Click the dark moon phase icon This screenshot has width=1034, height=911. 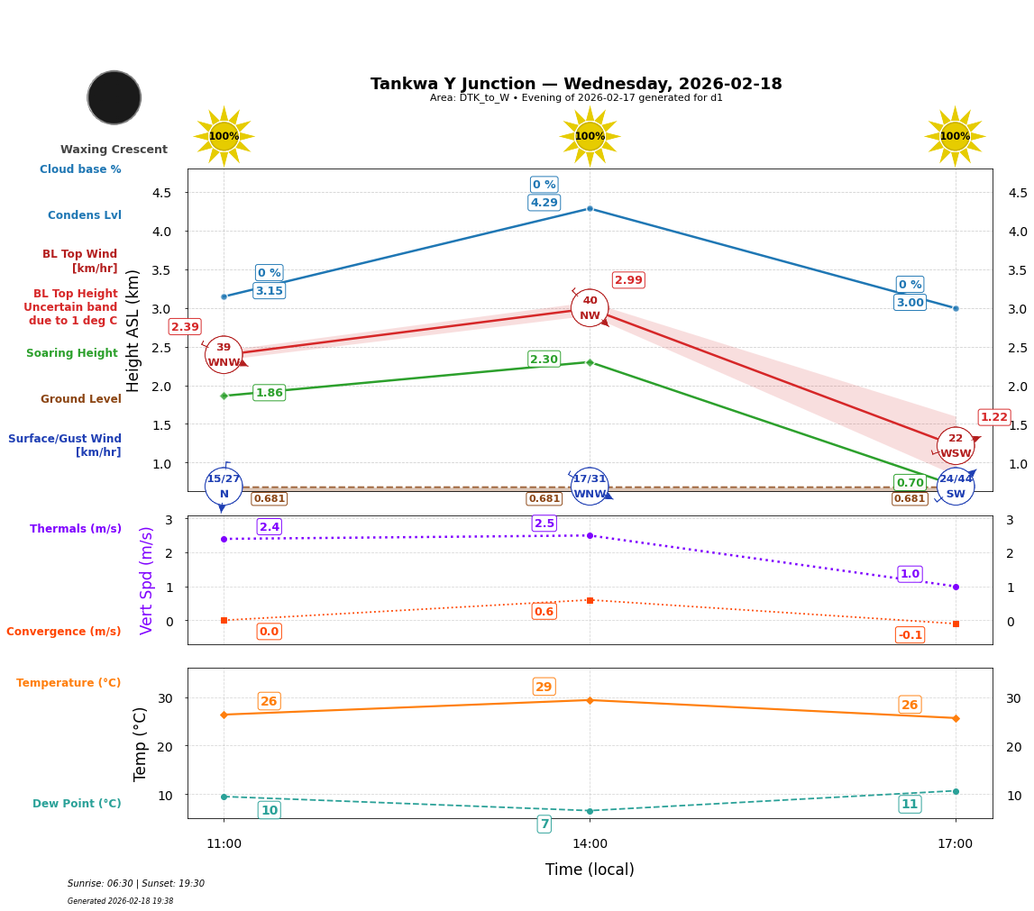pyautogui.click(x=114, y=97)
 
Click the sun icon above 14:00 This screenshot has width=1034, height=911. pyautogui.click(x=590, y=136)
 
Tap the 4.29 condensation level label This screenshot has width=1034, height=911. pyautogui.click(x=544, y=203)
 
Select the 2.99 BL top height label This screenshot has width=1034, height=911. pyautogui.click(x=628, y=280)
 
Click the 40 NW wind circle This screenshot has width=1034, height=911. pyautogui.click(x=590, y=308)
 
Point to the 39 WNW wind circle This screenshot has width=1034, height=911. pyautogui.click(x=224, y=355)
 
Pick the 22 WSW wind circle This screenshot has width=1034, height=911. pyautogui.click(x=956, y=446)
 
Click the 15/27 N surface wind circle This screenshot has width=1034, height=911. pyautogui.click(x=224, y=487)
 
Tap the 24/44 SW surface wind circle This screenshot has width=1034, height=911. pyautogui.click(x=956, y=487)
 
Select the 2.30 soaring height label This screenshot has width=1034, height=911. pyautogui.click(x=544, y=360)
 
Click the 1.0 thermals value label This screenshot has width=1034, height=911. pyautogui.click(x=910, y=574)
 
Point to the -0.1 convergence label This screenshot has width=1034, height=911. pyautogui.click(x=910, y=635)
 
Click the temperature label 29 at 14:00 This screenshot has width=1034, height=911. pyautogui.click(x=544, y=687)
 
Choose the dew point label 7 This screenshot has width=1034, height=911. pyautogui.click(x=544, y=824)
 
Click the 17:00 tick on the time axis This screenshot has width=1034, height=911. pyautogui.click(x=955, y=844)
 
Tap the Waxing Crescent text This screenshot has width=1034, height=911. pyautogui.click(x=114, y=150)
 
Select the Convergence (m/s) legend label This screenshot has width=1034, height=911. pyautogui.click(x=64, y=632)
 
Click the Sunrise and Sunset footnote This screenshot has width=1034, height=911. pyautogui.click(x=136, y=884)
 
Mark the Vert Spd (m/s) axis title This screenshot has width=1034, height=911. pyautogui.click(x=147, y=580)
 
